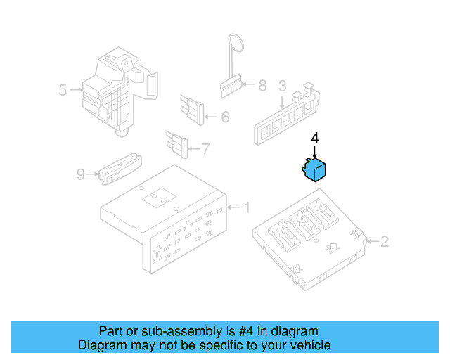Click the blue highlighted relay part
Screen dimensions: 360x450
315,169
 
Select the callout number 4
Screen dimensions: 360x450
315,139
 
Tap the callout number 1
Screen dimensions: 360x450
247,207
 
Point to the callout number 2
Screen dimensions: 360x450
384,242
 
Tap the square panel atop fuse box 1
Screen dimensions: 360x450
158,199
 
